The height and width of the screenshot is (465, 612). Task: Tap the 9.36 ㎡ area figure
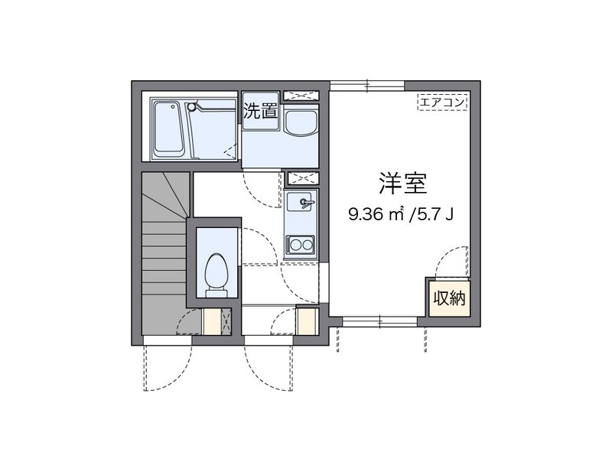tap(376, 214)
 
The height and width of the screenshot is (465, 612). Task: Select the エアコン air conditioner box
tap(443, 102)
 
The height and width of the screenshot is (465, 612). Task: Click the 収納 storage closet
tap(449, 299)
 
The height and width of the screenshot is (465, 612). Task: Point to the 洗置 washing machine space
tap(261, 111)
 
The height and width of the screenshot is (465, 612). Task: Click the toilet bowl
tap(216, 275)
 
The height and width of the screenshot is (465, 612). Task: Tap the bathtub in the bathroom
tap(168, 129)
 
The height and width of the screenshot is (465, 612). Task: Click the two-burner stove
tap(300, 246)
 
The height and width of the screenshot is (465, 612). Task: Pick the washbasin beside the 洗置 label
tap(301, 122)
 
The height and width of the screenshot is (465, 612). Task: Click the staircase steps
tap(164, 253)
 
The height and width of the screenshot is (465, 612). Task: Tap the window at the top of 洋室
tap(367, 86)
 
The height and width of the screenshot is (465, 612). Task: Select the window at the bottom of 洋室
tap(379, 321)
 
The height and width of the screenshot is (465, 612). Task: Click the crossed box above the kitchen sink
tap(303, 179)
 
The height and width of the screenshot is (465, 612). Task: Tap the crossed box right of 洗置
tap(301, 96)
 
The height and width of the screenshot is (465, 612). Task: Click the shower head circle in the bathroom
tap(190, 106)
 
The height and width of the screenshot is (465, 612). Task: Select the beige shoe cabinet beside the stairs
tap(213, 321)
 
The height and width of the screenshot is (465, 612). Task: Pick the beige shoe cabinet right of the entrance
tap(305, 321)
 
